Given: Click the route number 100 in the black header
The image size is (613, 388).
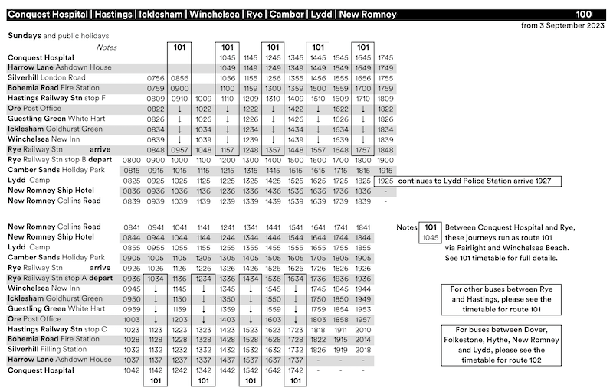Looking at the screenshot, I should coord(584,14).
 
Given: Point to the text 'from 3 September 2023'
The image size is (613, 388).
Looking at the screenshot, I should coord(562,25).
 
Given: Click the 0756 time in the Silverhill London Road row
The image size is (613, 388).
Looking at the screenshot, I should coord(156,78).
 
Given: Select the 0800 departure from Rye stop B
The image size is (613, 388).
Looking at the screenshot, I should coord(132,160).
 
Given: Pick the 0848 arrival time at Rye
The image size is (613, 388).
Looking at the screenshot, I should coord(156,150).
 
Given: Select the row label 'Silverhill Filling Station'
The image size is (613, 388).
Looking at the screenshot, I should coord(56,349).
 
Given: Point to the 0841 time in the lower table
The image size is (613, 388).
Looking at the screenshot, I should coord(132,227).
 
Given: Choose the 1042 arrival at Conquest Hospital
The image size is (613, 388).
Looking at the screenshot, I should coord(132,370).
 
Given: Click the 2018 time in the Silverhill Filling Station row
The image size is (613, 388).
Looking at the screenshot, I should coord(365,350).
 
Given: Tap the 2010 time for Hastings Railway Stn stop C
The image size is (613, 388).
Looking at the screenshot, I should coord(365,329).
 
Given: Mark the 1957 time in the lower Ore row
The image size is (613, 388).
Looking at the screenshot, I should coord(365,319).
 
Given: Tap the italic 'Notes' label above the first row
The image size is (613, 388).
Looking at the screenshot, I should coord(107,47).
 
